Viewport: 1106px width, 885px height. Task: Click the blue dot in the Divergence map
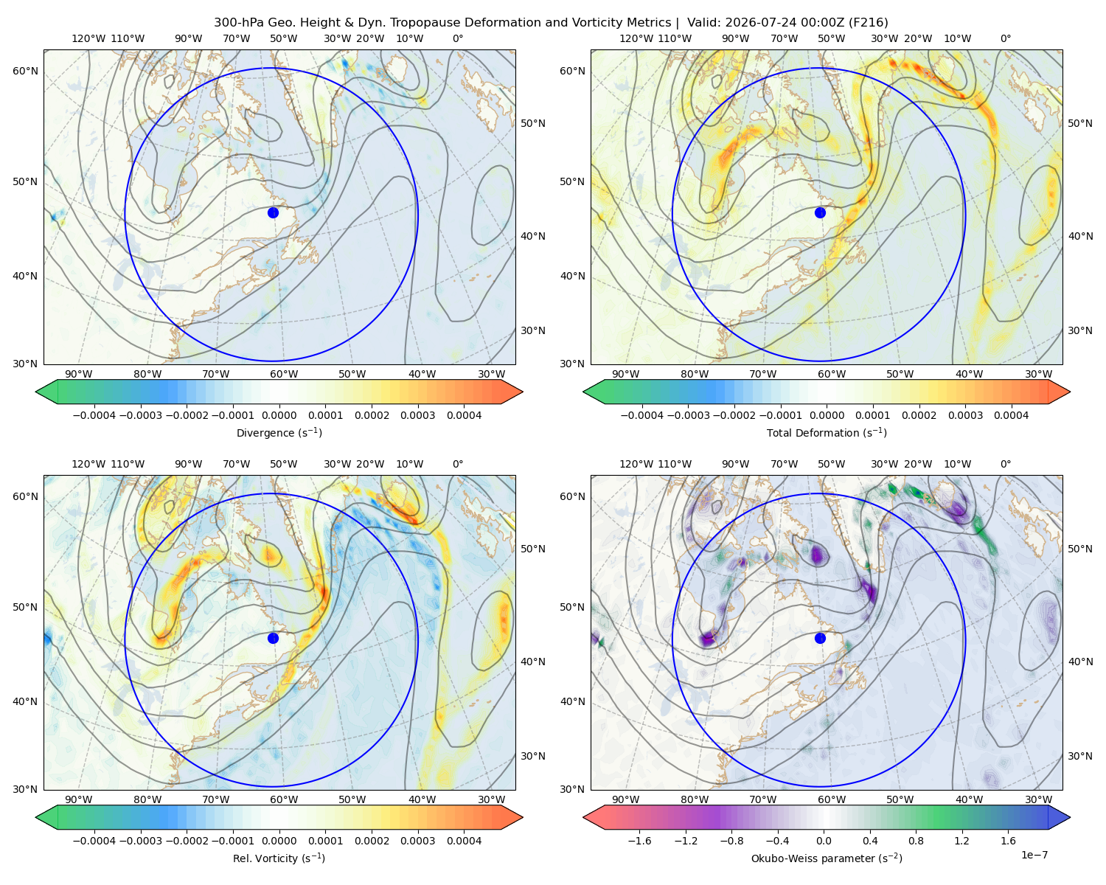(273, 213)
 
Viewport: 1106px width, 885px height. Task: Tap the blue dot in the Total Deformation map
(820, 213)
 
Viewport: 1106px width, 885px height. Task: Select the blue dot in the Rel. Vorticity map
(273, 638)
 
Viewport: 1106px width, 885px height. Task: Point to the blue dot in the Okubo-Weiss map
(820, 638)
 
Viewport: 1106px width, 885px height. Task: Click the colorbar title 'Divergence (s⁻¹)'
(279, 432)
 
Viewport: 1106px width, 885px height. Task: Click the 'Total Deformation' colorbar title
(827, 432)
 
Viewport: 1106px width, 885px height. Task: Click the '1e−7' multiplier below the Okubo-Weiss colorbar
(1034, 855)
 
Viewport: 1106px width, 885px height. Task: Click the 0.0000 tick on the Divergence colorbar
(279, 415)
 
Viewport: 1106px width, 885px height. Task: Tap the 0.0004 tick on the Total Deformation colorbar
(1011, 415)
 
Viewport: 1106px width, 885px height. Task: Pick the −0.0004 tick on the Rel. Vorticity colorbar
(94, 841)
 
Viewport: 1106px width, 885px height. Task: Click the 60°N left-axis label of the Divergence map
(25, 71)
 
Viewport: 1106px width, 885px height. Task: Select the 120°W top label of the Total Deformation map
(636, 38)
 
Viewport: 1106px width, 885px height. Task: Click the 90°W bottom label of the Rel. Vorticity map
(79, 799)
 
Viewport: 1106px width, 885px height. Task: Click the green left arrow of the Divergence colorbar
(46, 392)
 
